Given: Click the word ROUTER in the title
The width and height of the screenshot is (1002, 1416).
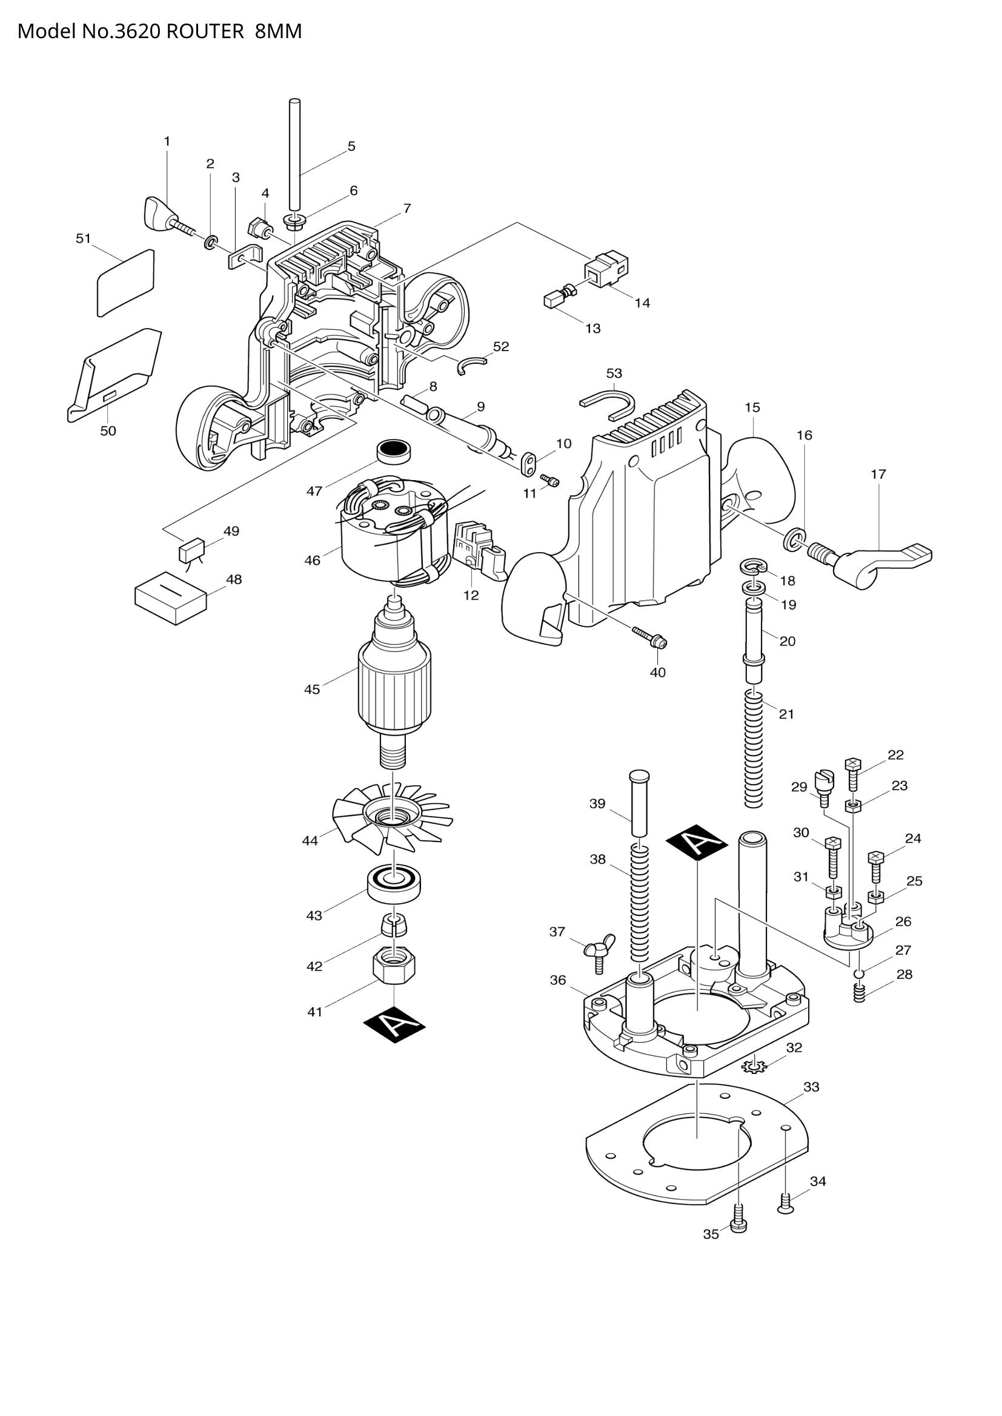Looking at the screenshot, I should pos(205,31).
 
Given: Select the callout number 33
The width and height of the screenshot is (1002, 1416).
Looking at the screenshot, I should pos(811,1087).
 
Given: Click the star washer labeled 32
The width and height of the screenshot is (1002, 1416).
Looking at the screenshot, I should pos(754,1064).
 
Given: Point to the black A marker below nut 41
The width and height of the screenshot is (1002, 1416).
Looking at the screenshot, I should pos(394,1024).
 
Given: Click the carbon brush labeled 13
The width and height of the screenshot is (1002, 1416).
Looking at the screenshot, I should pos(552,300).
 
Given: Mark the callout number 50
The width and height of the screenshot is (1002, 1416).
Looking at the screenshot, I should pos(108,430).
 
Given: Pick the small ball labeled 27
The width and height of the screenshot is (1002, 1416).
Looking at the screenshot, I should pos(858,973).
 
